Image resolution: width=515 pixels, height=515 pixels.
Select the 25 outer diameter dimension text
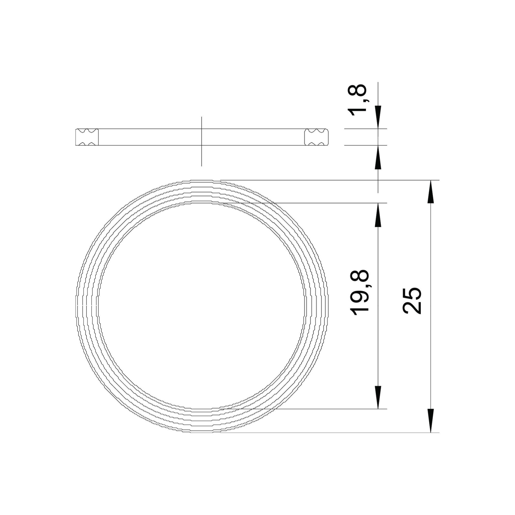click(411, 301)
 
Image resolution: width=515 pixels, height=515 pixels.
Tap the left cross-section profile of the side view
click(87, 137)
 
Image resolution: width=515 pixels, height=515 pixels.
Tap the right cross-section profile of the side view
click(316, 137)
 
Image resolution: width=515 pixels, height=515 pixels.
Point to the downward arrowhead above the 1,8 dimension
click(378, 117)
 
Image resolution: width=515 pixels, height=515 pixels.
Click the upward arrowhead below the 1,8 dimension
click(378, 157)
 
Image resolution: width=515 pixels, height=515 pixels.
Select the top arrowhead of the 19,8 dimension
click(378, 215)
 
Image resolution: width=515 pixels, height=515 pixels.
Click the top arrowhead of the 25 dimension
click(431, 192)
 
